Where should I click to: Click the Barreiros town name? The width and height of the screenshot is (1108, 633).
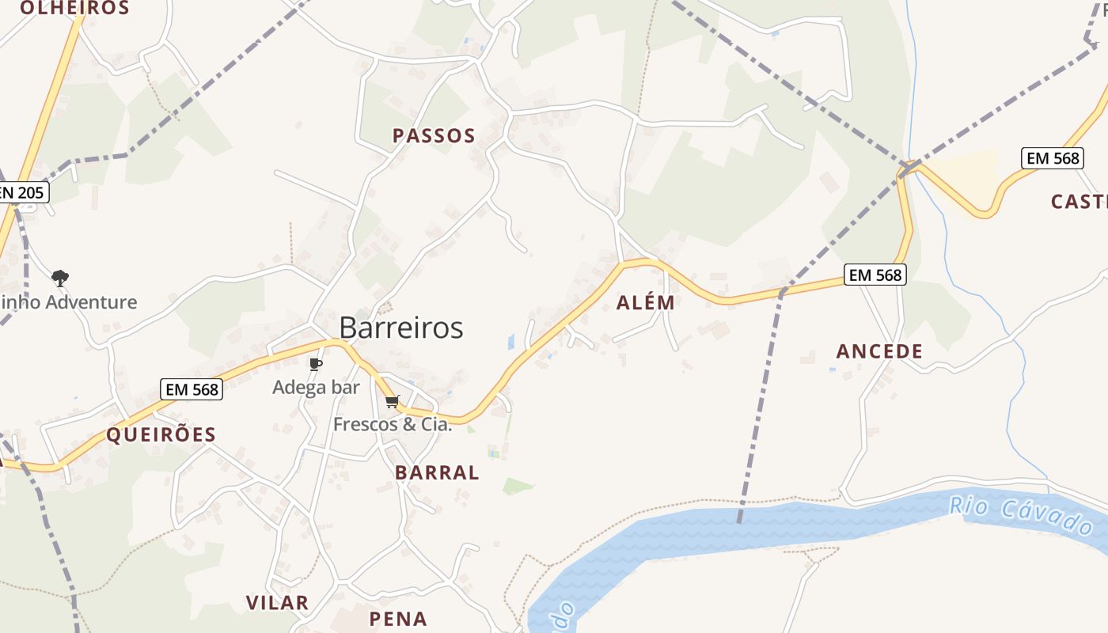(x=400, y=328)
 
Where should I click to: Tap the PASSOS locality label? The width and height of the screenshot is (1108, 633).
(x=434, y=136)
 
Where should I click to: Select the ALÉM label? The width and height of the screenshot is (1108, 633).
(x=646, y=302)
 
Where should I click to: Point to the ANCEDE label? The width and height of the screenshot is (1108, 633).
(x=879, y=351)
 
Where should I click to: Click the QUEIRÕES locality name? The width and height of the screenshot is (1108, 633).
(x=161, y=434)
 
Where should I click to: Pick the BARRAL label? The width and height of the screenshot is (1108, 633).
(x=437, y=473)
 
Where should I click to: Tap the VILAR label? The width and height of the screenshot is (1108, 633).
(x=277, y=603)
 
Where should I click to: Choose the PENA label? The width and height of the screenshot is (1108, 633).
(x=398, y=619)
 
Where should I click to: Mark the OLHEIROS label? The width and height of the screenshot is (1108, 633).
(x=74, y=9)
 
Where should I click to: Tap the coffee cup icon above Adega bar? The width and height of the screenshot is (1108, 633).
(x=315, y=365)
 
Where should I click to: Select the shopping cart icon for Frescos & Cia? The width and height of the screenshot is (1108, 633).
(x=392, y=402)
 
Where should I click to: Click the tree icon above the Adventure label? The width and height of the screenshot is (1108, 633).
(x=60, y=279)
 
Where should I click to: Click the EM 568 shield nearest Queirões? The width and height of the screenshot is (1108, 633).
(x=192, y=389)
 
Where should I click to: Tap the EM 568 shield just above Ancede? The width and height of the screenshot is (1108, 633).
(x=875, y=275)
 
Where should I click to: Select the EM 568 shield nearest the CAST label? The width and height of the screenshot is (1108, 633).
(x=1052, y=158)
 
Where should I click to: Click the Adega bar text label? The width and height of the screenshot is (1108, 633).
(x=316, y=388)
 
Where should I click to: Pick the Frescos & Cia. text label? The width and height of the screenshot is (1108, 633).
(x=392, y=424)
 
